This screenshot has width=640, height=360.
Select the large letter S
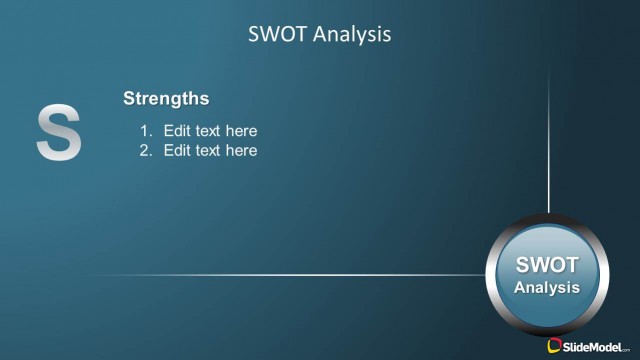point(59,133)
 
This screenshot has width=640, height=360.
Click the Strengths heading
point(166,98)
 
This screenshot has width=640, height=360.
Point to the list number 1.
point(144,131)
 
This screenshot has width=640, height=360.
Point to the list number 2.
point(144,151)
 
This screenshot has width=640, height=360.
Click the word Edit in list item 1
point(177,131)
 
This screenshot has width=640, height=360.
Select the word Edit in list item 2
point(177,151)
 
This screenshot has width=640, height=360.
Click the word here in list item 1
point(241,131)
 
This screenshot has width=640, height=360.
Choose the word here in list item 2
point(241,151)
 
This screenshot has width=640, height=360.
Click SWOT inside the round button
point(547,266)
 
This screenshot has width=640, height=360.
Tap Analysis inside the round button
point(547,287)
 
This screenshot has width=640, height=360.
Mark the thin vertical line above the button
point(548,150)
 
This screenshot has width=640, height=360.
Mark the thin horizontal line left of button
point(300,274)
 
